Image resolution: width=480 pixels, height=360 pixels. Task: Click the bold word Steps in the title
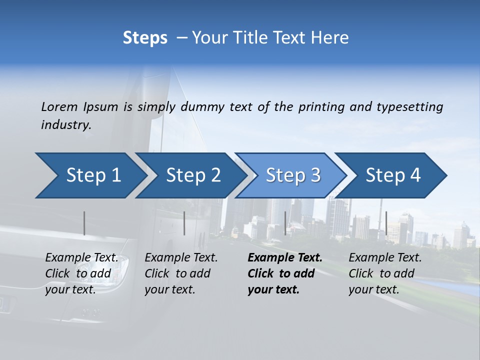(x=145, y=38)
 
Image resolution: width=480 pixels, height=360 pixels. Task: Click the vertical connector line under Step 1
(x=84, y=223)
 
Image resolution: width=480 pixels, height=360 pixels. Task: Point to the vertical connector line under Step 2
(x=184, y=223)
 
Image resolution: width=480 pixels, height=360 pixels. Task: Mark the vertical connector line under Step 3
(x=285, y=223)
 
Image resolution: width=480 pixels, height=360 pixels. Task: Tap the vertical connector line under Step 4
(x=386, y=223)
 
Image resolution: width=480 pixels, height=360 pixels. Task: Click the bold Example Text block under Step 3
(x=285, y=273)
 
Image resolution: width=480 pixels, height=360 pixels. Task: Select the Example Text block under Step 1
(x=82, y=273)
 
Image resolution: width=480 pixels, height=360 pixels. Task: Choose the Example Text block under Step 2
(x=181, y=273)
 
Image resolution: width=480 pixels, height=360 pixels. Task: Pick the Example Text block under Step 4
(x=385, y=273)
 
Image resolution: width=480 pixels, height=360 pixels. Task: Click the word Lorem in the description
(x=59, y=106)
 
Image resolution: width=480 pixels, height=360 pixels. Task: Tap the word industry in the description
(x=65, y=124)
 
